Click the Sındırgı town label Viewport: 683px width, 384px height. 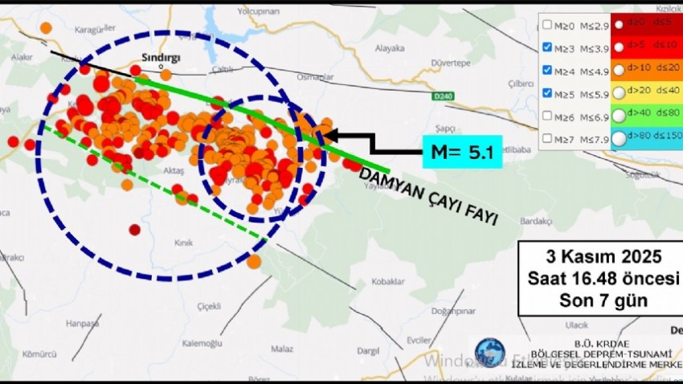click(161, 58)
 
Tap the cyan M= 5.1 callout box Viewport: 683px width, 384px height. click(462, 151)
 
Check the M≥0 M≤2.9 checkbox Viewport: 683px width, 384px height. click(547, 25)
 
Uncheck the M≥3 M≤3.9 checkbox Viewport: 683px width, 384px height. click(547, 47)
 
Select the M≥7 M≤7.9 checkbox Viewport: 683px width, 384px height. click(547, 138)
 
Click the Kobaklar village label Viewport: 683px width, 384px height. click(386, 281)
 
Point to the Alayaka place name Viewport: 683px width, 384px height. click(390, 48)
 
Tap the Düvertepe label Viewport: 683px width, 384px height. click(451, 63)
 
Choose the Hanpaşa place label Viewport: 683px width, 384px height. click(82, 324)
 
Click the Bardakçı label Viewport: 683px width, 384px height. click(535, 221)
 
